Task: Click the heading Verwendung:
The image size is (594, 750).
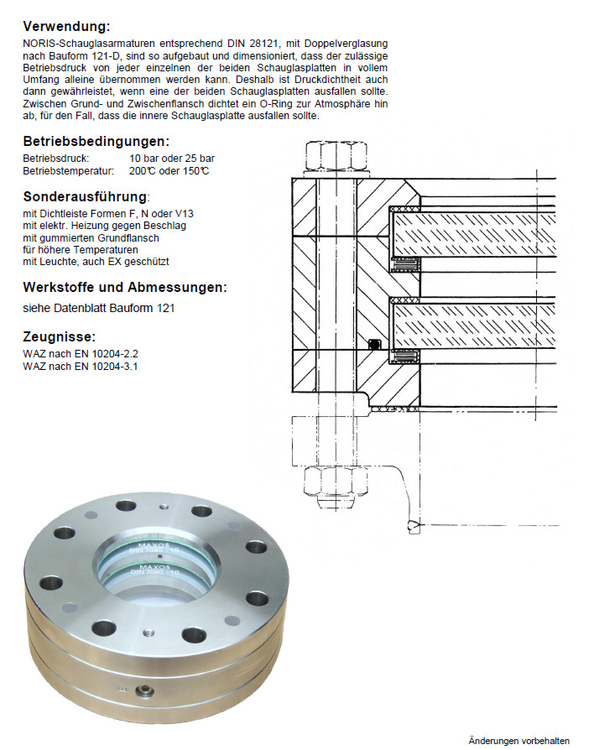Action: (66, 26)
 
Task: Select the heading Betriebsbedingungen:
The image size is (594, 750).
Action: (96, 142)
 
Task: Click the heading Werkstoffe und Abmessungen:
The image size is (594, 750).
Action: (125, 287)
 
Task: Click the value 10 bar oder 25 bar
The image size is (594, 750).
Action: (172, 158)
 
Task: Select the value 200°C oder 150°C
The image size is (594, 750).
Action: (169, 171)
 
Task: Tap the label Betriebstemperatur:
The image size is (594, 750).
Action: (68, 171)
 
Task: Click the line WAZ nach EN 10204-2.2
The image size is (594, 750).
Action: (81, 353)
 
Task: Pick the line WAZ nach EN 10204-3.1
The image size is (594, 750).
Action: (81, 367)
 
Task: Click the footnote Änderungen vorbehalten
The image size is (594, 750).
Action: (518, 740)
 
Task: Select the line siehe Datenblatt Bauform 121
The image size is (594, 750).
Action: (99, 308)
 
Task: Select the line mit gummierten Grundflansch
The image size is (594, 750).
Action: (91, 237)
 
